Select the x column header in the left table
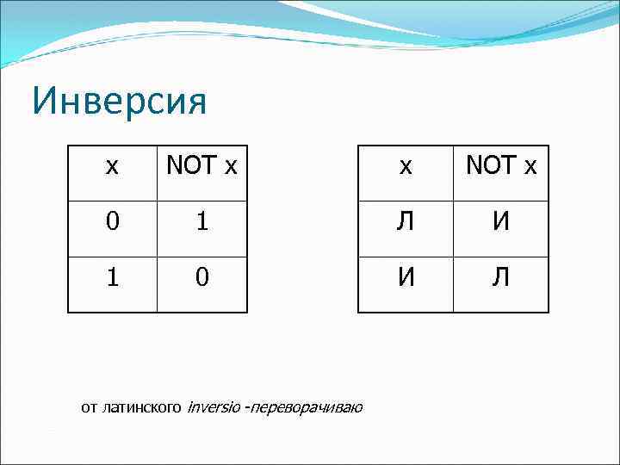pyautogui.click(x=112, y=166)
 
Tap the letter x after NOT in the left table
pyautogui.click(x=230, y=166)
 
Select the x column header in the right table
pyautogui.click(x=405, y=166)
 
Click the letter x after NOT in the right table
pyautogui.click(x=530, y=166)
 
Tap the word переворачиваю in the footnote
pyautogui.click(x=307, y=407)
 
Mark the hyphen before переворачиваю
pyautogui.click(x=247, y=407)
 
